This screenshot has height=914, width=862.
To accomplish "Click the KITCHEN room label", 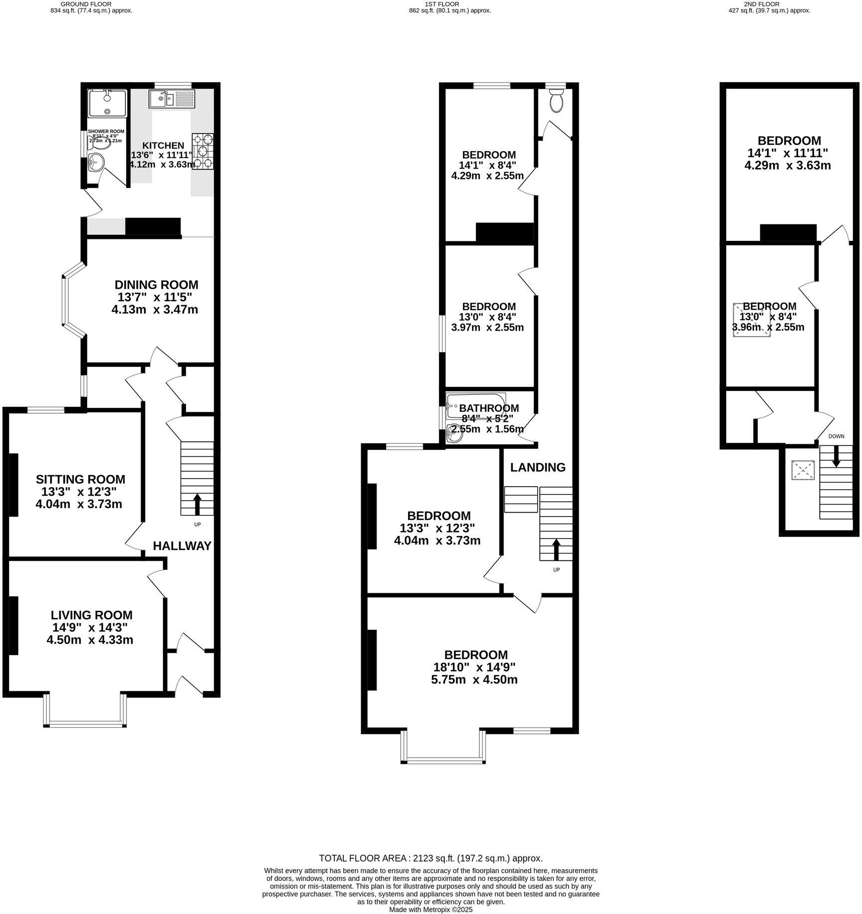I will (164, 146).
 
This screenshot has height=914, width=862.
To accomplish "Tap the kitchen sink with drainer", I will (171, 99).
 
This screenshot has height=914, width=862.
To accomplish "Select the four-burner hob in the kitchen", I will (203, 152).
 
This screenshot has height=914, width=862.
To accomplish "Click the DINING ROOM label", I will (156, 285).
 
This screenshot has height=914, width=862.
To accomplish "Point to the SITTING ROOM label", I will (80, 479).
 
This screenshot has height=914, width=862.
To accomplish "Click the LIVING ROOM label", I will (92, 615).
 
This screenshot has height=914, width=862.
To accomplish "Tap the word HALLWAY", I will (182, 546).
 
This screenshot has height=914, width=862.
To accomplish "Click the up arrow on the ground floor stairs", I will (197, 504).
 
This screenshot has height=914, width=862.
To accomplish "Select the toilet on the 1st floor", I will (556, 101).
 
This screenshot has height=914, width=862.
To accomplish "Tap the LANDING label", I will (537, 467).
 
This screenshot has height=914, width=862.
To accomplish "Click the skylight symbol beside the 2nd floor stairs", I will (803, 470).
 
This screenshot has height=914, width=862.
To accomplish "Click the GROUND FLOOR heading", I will (91, 3).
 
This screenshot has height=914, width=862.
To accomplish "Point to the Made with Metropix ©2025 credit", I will (431, 910).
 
